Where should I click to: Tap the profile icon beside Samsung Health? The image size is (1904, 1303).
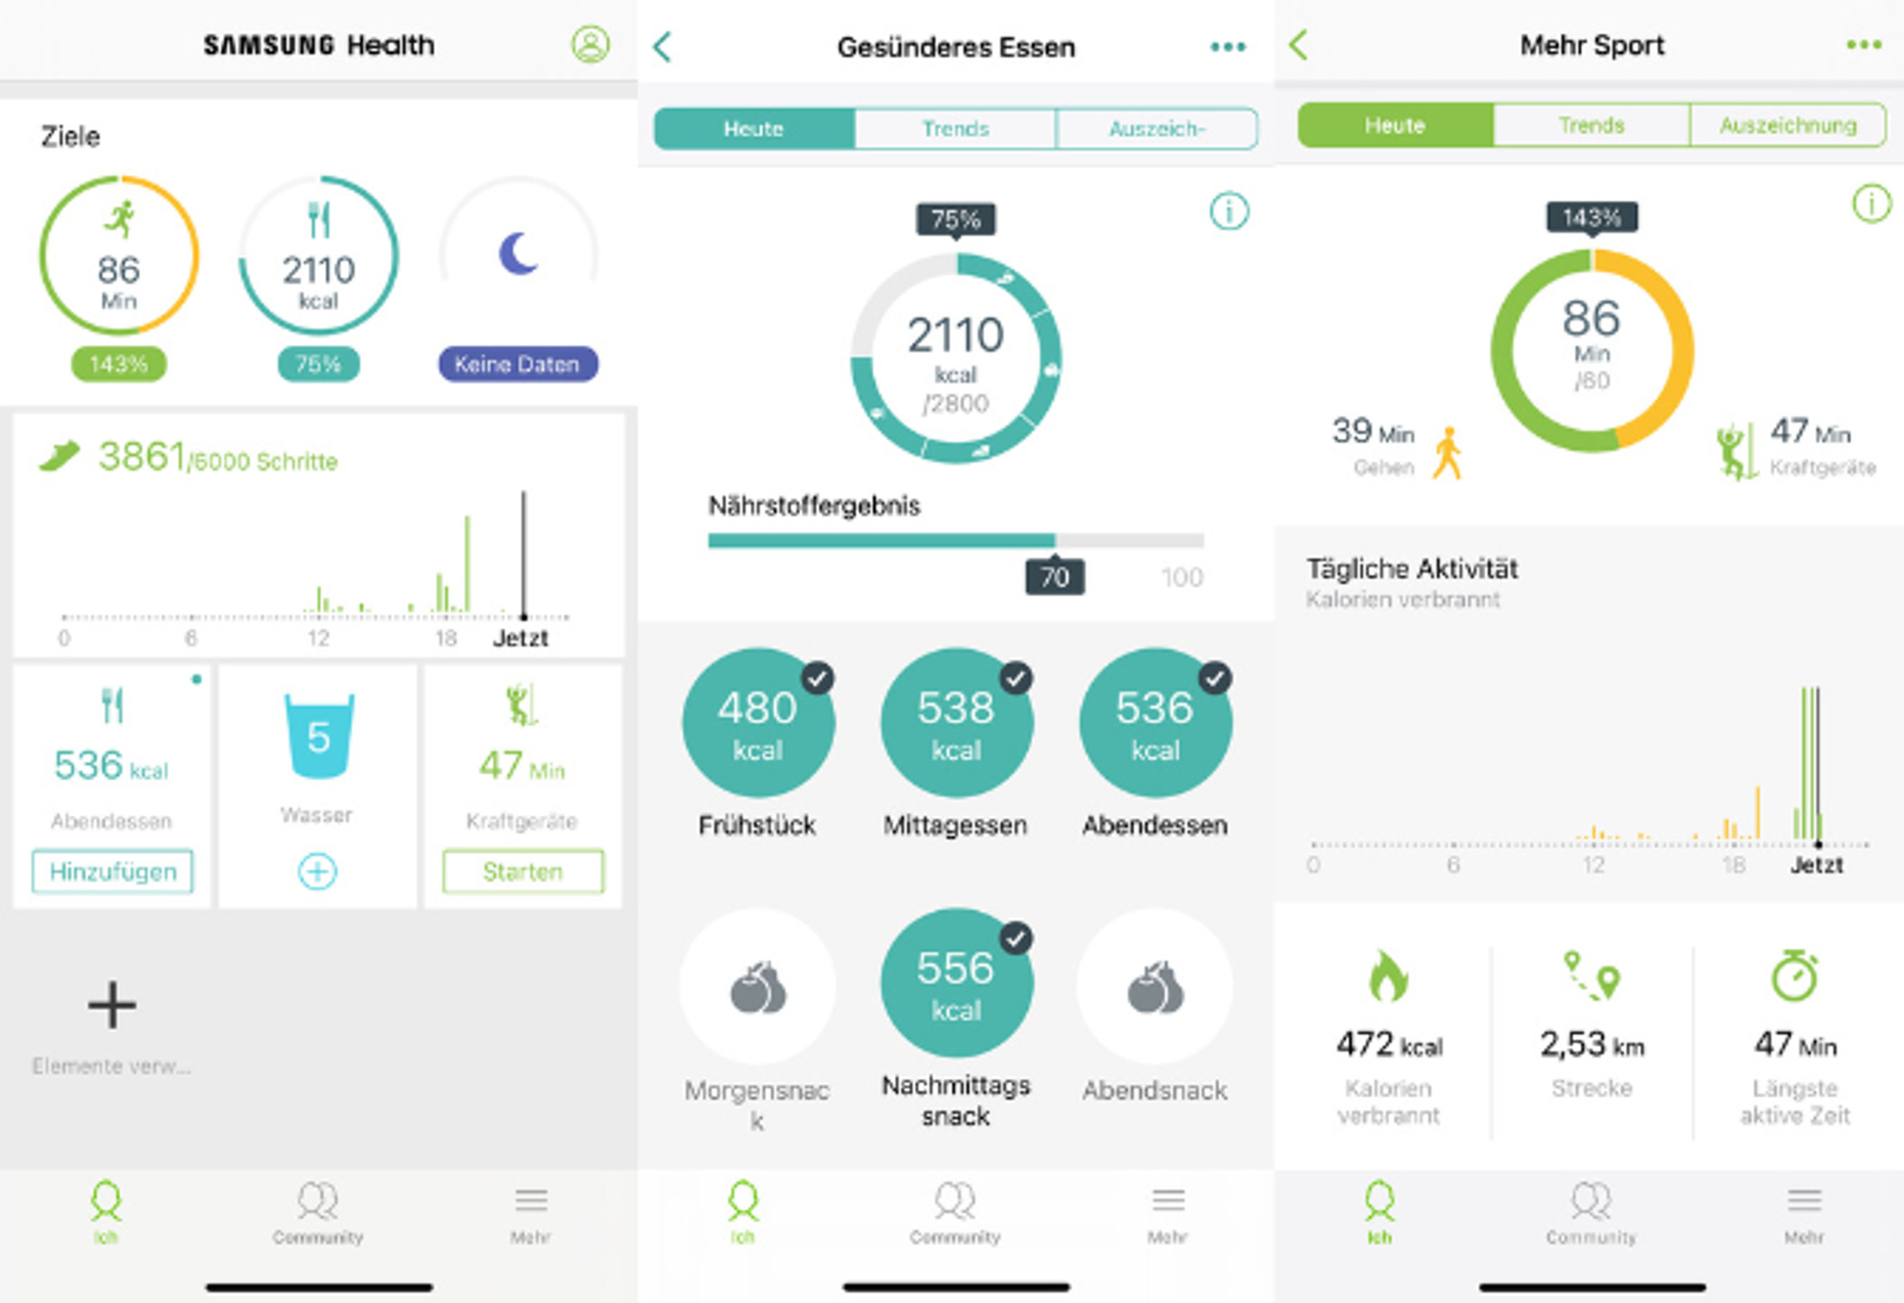[590, 44]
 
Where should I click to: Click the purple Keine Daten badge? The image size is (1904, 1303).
[518, 364]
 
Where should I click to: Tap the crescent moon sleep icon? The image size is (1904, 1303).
[518, 253]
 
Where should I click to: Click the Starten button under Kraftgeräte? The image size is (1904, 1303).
[523, 871]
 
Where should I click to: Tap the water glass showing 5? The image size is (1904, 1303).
[319, 735]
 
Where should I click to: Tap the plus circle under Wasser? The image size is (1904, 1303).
[317, 871]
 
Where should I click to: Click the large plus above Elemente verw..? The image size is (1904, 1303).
[112, 1005]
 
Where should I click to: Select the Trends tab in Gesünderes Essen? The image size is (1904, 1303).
[955, 129]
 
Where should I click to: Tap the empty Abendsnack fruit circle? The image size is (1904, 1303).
[1154, 987]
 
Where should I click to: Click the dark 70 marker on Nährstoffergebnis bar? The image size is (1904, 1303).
[1054, 577]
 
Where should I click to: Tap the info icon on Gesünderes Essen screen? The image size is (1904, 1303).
[1229, 212]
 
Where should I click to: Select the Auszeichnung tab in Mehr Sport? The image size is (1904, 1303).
[1788, 126]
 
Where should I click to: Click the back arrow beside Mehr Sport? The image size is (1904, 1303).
[1299, 45]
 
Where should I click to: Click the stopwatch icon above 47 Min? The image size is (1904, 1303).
[1794, 975]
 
